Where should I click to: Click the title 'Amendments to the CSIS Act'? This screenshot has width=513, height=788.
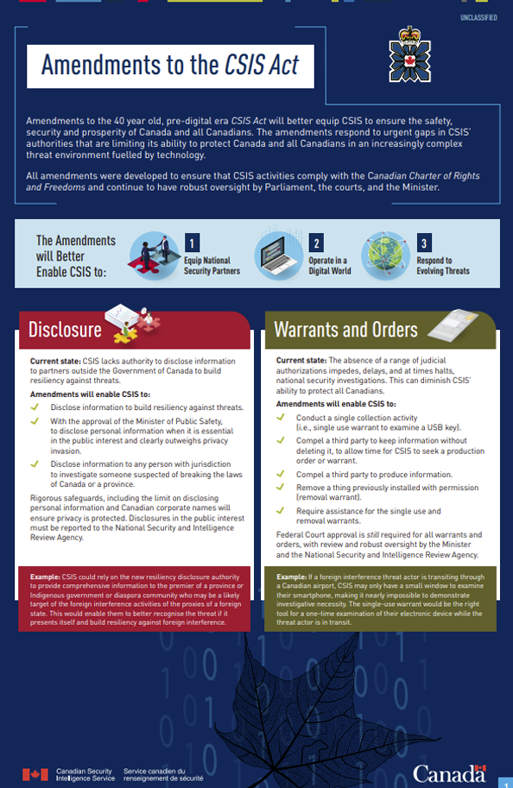tap(171, 65)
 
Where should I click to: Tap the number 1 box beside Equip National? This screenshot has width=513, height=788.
tap(194, 243)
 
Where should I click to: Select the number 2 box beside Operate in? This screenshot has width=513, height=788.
tap(317, 243)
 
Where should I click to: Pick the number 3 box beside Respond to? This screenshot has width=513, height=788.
tap(424, 243)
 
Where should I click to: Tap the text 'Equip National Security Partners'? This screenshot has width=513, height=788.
tap(212, 265)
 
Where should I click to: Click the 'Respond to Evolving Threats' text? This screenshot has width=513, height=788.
tap(443, 265)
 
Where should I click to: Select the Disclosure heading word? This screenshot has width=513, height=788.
tap(65, 330)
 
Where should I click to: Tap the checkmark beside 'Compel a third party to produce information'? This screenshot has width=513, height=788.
tap(280, 473)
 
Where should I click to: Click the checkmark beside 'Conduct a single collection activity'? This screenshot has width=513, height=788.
tap(280, 418)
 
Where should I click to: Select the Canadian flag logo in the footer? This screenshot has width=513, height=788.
tap(35, 773)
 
